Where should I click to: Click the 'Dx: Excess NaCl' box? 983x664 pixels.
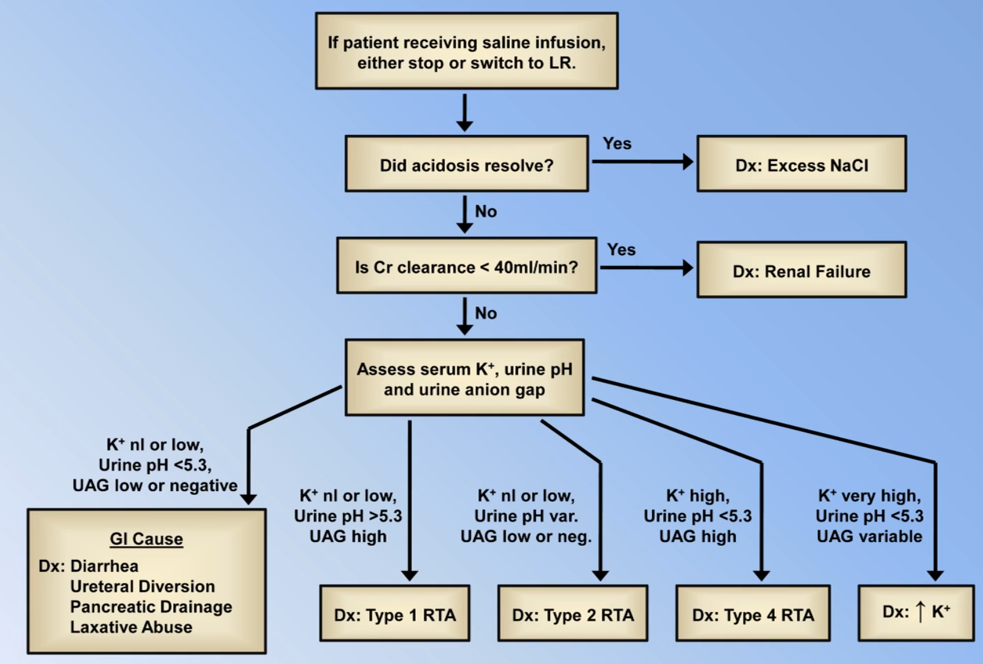pyautogui.click(x=801, y=165)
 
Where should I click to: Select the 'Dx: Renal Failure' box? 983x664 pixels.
pyautogui.click(x=801, y=270)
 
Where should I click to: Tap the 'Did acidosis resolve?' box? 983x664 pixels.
pyautogui.click(x=467, y=165)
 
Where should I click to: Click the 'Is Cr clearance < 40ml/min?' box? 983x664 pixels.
pyautogui.click(x=467, y=266)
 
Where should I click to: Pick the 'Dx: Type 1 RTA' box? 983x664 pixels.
pyautogui.click(x=395, y=614)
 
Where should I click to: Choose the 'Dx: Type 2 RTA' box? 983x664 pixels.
pyautogui.click(x=573, y=614)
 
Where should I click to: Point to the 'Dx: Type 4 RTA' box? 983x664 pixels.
pyautogui.click(x=753, y=614)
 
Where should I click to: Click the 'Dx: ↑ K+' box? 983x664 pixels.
pyautogui.click(x=916, y=613)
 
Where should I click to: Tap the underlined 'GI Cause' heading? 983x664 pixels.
pyautogui.click(x=146, y=539)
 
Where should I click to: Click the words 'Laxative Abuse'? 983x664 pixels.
pyautogui.click(x=131, y=627)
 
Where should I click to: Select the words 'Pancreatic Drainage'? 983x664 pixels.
pyautogui.click(x=151, y=607)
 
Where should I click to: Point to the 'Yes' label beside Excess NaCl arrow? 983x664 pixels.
pyautogui.click(x=617, y=143)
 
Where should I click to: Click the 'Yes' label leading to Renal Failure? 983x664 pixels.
pyautogui.click(x=621, y=249)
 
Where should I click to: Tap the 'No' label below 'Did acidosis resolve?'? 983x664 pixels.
pyautogui.click(x=486, y=211)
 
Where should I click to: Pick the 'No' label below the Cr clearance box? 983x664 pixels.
pyautogui.click(x=486, y=313)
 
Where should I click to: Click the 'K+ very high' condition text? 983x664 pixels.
pyautogui.click(x=869, y=495)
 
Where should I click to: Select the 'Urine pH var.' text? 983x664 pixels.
pyautogui.click(x=526, y=516)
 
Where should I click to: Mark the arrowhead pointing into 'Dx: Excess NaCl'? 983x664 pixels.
pyautogui.click(x=688, y=162)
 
